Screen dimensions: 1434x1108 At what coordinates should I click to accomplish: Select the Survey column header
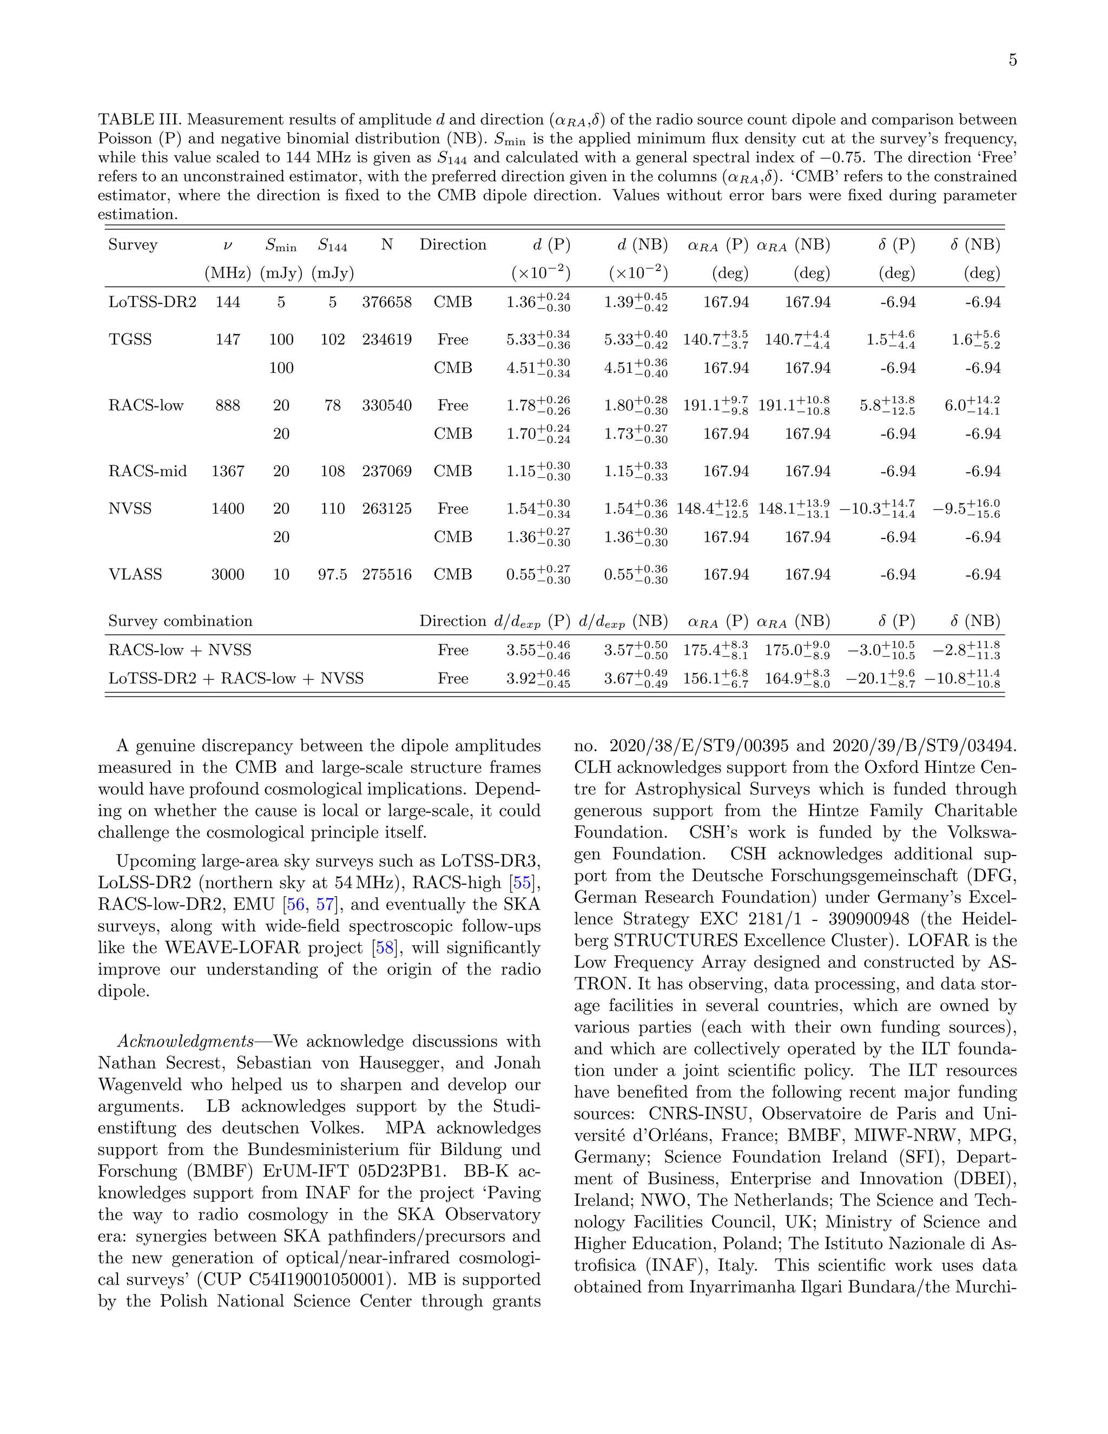pyautogui.click(x=133, y=245)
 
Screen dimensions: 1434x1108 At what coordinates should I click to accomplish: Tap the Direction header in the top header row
pyautogui.click(x=453, y=245)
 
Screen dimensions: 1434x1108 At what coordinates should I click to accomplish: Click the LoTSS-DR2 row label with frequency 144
pyautogui.click(x=152, y=302)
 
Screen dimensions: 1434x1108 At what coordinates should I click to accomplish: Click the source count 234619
pyautogui.click(x=387, y=339)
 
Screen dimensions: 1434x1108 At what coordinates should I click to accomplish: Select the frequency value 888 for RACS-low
pyautogui.click(x=228, y=405)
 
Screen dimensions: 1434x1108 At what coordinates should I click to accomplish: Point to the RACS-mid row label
pyautogui.click(x=148, y=471)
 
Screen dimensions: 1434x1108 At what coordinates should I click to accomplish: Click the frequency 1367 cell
pyautogui.click(x=228, y=471)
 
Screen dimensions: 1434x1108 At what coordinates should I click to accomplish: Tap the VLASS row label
pyautogui.click(x=135, y=575)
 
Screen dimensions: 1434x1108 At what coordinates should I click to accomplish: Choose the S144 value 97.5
pyautogui.click(x=333, y=575)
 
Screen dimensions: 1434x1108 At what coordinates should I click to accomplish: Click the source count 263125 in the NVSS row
pyautogui.click(x=387, y=509)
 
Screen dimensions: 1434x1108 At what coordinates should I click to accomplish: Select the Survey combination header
pyautogui.click(x=181, y=621)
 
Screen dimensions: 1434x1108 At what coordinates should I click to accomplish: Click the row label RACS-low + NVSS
pyautogui.click(x=180, y=650)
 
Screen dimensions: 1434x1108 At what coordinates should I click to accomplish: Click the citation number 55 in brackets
pyautogui.click(x=523, y=883)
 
